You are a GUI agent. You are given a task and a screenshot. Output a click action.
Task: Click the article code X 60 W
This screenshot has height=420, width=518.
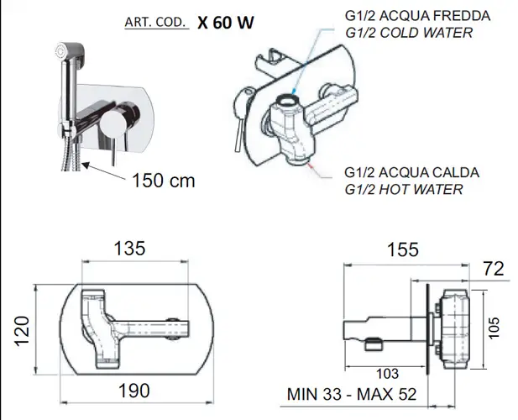[226, 23]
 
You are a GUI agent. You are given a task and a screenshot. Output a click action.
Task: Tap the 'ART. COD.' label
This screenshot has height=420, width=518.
[155, 22]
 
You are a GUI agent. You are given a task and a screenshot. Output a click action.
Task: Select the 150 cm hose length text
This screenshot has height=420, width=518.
[164, 181]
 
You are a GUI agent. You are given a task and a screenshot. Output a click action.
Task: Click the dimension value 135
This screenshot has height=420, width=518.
[129, 249]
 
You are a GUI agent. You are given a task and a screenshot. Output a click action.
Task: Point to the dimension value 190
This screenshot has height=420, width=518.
[134, 391]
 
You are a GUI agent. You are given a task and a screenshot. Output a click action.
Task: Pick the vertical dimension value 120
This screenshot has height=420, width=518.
[22, 332]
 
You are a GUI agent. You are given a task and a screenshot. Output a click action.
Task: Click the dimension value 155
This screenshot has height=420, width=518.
[403, 249]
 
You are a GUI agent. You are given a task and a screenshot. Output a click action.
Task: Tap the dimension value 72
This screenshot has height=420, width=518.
[494, 269]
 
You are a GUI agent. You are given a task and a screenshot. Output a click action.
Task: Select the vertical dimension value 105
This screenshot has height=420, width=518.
[494, 328]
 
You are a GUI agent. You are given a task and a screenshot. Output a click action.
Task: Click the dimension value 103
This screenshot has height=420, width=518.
[388, 374]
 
